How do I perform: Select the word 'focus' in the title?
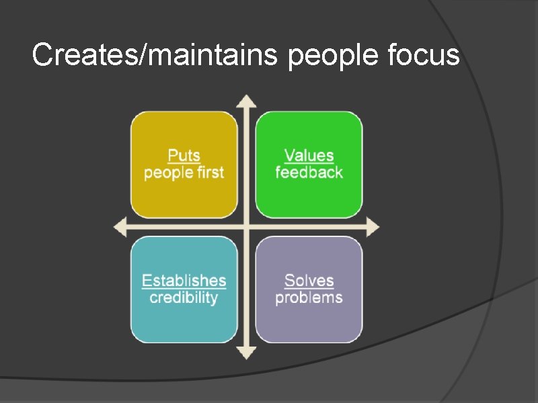point(424,54)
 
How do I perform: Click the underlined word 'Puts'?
point(184,156)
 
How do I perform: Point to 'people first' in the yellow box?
point(184,173)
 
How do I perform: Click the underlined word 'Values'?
point(309,156)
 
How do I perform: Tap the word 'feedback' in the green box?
point(309,173)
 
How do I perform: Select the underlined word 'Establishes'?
point(184,281)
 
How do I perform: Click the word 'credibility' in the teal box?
point(184,298)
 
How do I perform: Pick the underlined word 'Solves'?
point(309,281)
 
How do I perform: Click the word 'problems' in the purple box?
point(309,298)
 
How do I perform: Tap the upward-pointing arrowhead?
point(247,101)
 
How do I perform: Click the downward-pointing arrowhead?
point(247,352)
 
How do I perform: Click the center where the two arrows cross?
point(247,227)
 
